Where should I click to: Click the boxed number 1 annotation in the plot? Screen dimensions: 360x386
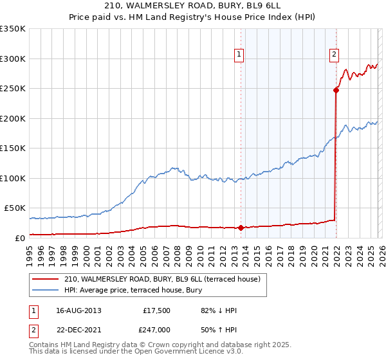tap(239, 55)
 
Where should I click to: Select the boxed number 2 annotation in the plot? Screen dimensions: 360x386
tap(335, 55)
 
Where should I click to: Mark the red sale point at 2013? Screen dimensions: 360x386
tap(241, 228)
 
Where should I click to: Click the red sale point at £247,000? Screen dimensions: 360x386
tap(336, 90)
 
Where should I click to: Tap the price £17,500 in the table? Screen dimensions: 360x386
tap(156, 310)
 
